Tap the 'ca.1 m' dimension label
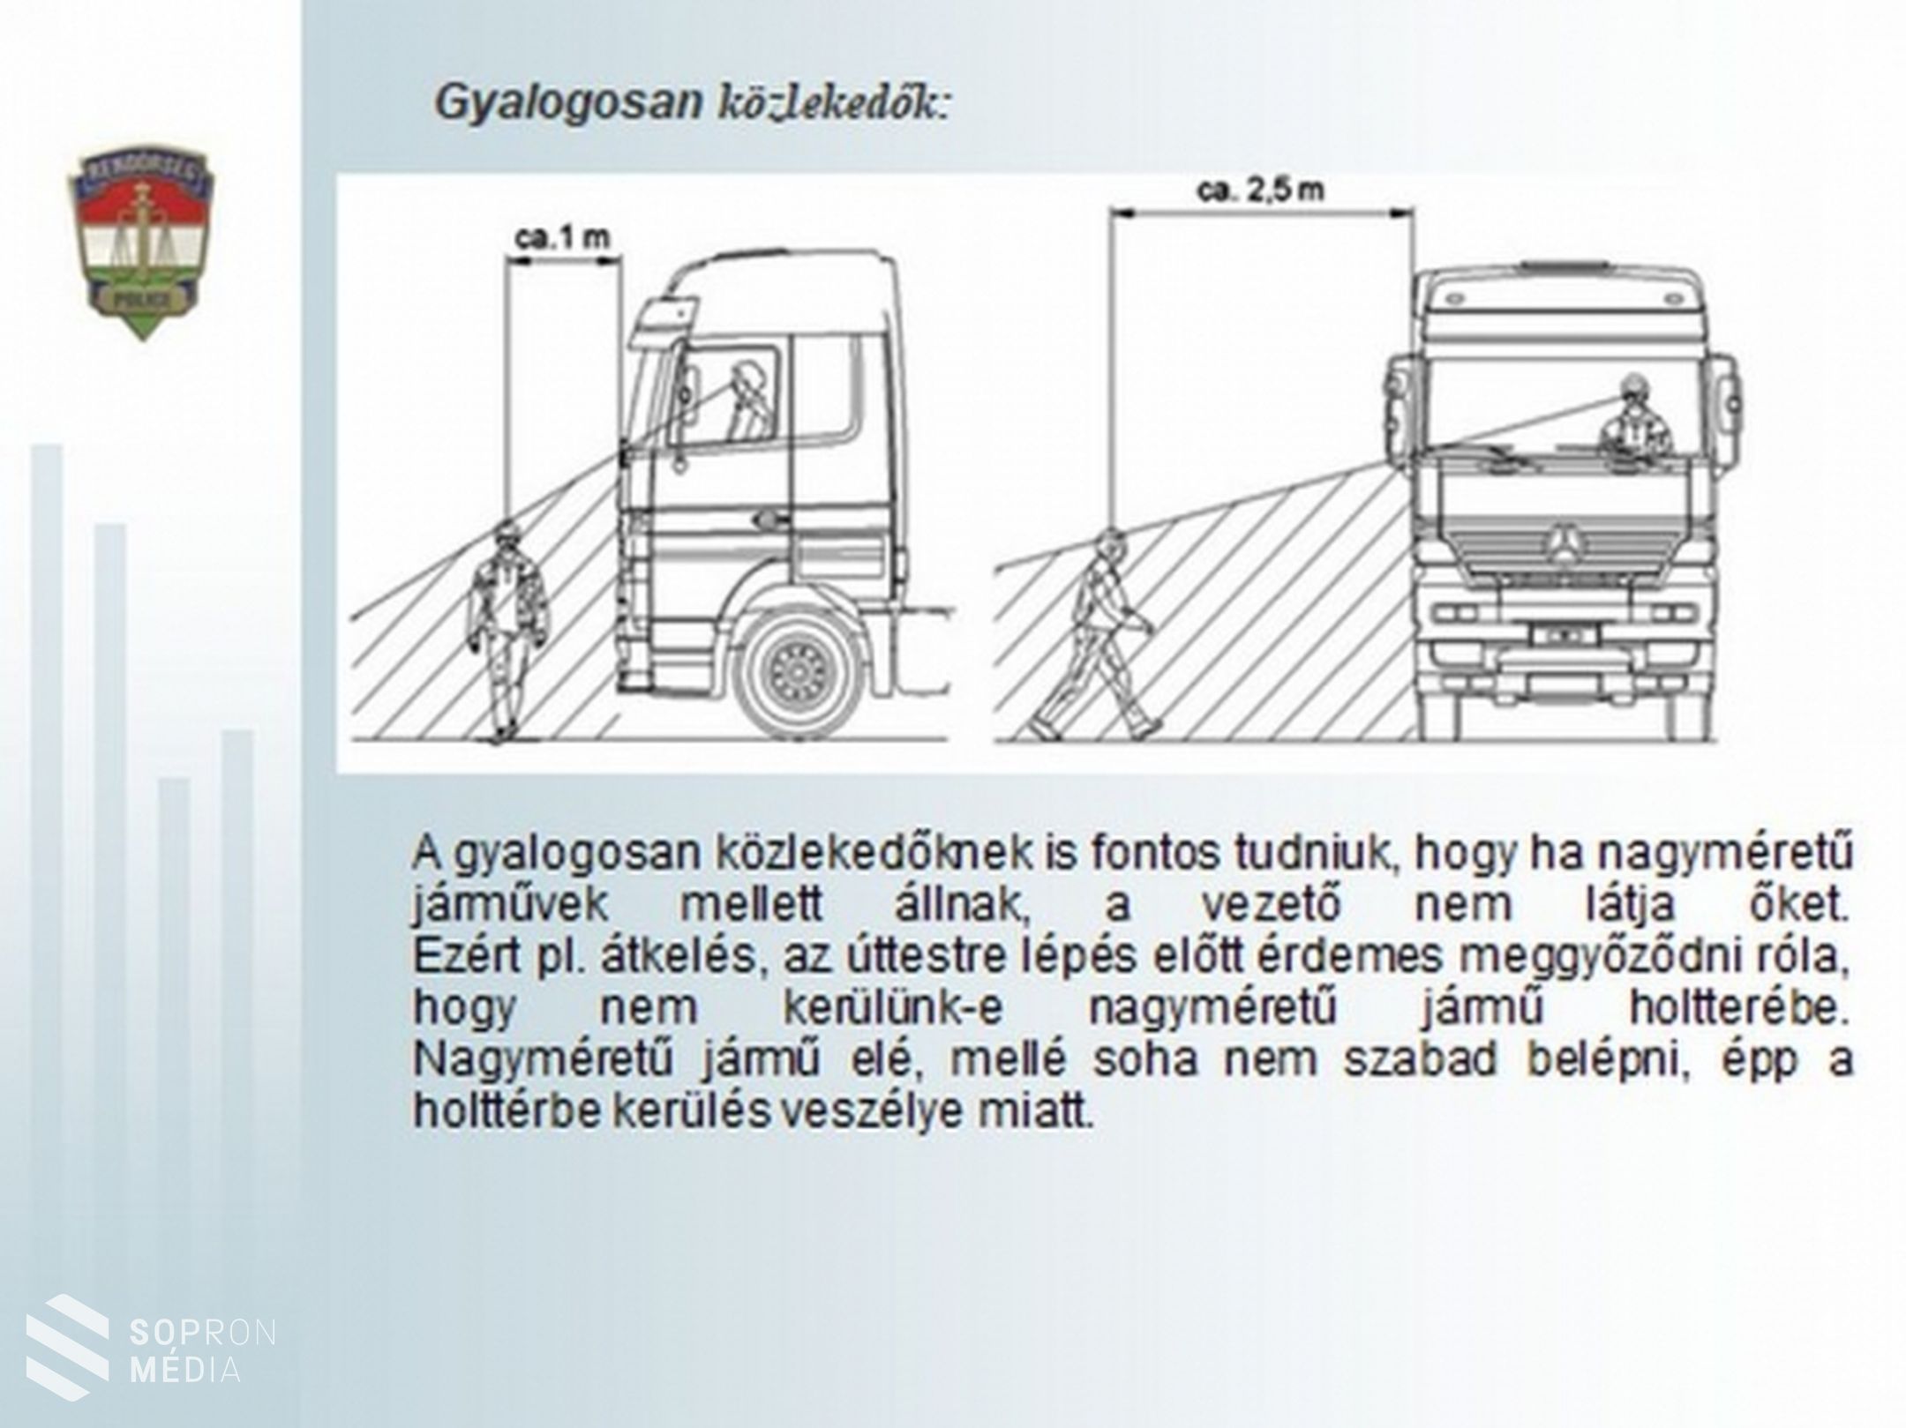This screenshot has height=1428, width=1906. (x=563, y=238)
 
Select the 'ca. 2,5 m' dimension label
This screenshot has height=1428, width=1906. (x=1261, y=191)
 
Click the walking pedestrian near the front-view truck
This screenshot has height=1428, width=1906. (x=1099, y=635)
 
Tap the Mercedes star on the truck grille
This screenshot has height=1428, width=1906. (x=1565, y=542)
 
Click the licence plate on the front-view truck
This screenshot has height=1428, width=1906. (x=1565, y=634)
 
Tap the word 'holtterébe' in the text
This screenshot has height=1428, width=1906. (x=1737, y=1007)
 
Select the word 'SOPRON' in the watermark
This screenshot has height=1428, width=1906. (x=202, y=1333)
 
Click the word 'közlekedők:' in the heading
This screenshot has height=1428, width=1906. (x=835, y=103)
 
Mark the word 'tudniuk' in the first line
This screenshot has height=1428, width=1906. (x=1309, y=852)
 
